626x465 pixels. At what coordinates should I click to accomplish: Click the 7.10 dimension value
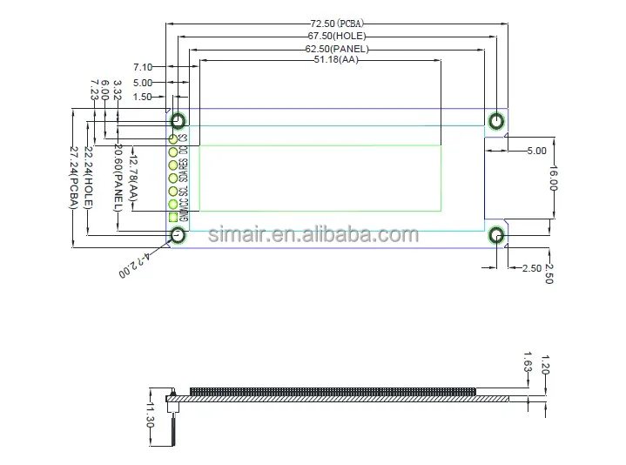(x=143, y=67)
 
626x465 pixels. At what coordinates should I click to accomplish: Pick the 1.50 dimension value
(x=143, y=98)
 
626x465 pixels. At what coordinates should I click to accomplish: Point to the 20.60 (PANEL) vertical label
(x=116, y=178)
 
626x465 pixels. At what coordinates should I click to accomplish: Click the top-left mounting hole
(x=178, y=121)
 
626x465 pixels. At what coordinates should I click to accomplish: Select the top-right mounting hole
(x=496, y=121)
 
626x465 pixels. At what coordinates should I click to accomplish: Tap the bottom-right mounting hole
(x=496, y=235)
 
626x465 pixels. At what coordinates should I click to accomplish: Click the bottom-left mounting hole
(x=178, y=235)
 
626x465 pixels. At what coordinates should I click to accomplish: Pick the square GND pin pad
(x=172, y=218)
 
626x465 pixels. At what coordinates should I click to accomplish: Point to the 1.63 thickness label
(x=528, y=361)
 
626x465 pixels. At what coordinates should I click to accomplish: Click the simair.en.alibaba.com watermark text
(x=313, y=235)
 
